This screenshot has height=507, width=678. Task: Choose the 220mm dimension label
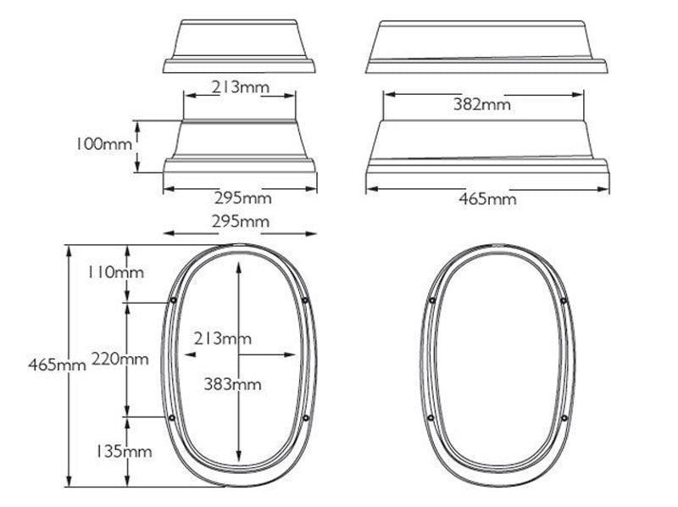click(119, 359)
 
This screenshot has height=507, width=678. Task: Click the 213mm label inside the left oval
click(222, 338)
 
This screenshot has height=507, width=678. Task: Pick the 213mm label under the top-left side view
click(240, 86)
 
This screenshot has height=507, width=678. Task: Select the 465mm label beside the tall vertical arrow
click(57, 365)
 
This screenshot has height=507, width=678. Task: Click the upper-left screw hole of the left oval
click(173, 300)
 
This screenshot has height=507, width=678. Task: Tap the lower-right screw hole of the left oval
click(304, 418)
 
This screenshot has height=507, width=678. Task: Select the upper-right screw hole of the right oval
click(563, 300)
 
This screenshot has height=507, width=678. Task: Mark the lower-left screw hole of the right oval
click(431, 418)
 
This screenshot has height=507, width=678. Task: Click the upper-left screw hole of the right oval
click(431, 300)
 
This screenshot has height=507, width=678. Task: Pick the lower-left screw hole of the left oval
click(172, 418)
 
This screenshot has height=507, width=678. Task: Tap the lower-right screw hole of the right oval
click(563, 418)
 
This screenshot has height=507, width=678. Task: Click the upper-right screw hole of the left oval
click(304, 300)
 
